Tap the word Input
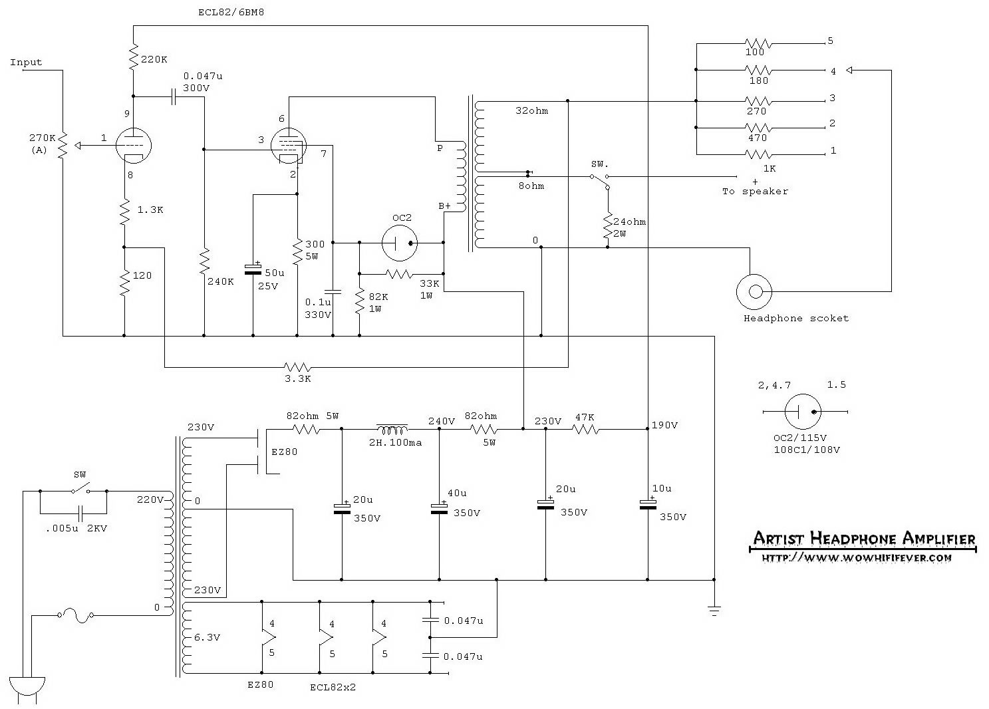tap(26, 63)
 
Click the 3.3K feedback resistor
tap(297, 367)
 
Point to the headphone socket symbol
tap(754, 291)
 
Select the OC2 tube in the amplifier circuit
tap(399, 243)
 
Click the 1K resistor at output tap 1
tap(758, 155)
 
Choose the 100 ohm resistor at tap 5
tap(758, 44)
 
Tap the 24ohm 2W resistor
tap(607, 226)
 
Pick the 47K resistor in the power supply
tap(585, 429)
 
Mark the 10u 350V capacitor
tap(647, 504)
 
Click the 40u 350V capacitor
tap(439, 508)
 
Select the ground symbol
tap(714, 610)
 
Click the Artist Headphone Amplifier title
tap(863, 539)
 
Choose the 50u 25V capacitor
tap(253, 269)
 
